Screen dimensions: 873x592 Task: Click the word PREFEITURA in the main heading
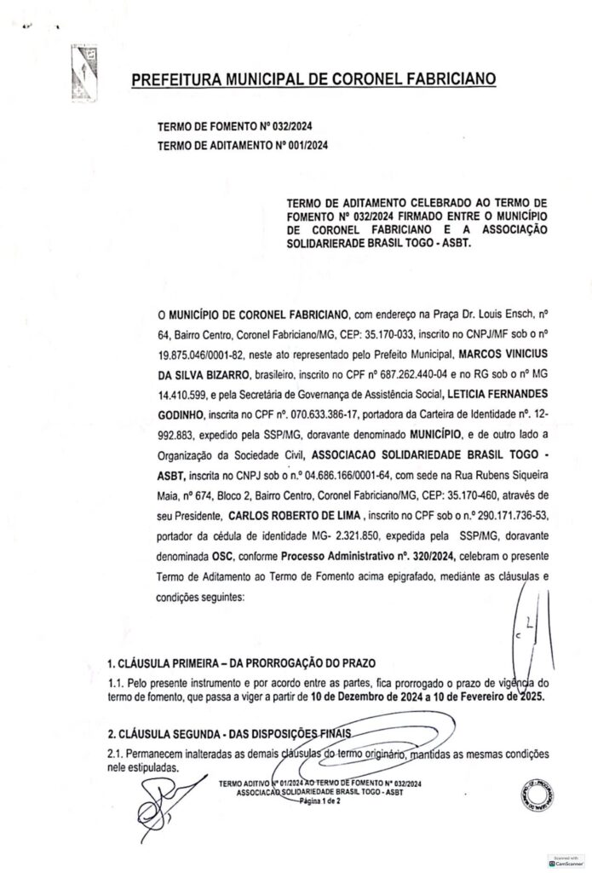click(x=175, y=81)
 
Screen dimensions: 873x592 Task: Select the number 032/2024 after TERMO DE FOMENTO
click(x=288, y=126)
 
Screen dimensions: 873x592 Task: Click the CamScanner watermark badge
click(x=566, y=862)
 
